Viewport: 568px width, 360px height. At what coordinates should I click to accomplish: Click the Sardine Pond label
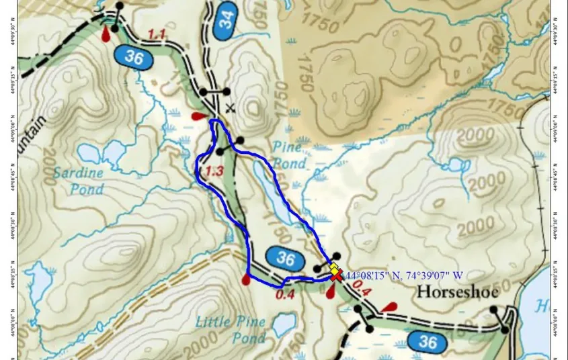click(x=87, y=181)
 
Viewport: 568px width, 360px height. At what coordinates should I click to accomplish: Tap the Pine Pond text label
click(x=290, y=155)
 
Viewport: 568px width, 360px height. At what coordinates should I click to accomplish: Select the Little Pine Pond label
click(x=231, y=330)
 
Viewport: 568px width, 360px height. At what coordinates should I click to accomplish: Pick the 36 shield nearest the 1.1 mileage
click(x=134, y=58)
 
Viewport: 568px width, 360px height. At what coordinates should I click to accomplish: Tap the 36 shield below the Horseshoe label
click(x=427, y=341)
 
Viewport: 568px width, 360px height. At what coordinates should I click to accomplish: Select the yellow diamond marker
click(x=333, y=268)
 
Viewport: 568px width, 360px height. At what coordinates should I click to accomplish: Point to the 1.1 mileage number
click(x=157, y=34)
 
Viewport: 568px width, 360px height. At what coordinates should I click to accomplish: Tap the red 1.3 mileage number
click(x=214, y=171)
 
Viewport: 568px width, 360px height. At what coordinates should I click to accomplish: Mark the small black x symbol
click(x=231, y=107)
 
